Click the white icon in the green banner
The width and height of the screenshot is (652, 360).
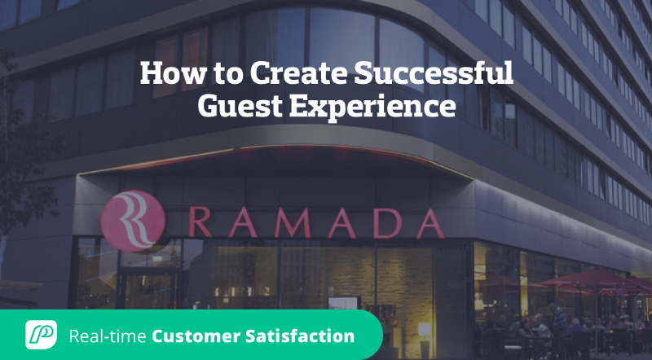[x=41, y=334]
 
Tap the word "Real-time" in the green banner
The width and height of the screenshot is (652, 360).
[x=108, y=335]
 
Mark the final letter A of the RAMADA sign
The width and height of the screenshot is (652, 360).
[x=427, y=222]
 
